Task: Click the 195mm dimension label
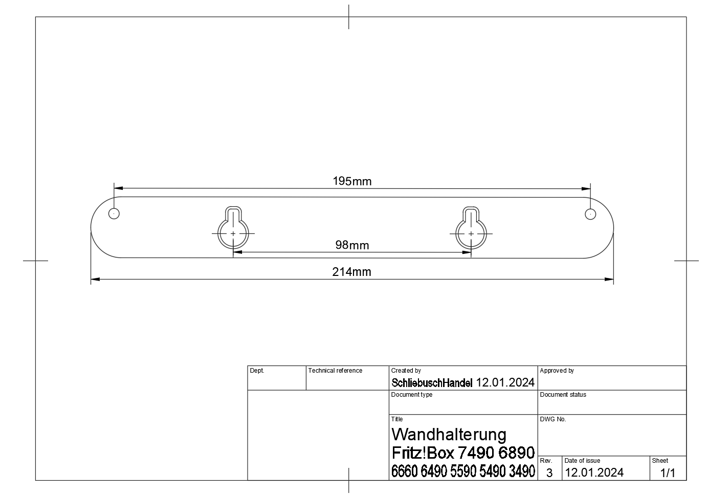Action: (352, 181)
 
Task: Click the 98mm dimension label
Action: (352, 245)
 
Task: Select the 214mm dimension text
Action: (352, 272)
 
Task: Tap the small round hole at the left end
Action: (114, 213)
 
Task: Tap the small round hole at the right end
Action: (590, 213)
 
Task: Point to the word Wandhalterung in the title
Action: (449, 435)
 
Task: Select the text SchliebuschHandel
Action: (432, 383)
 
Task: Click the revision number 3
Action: (549, 473)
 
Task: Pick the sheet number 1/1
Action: (668, 473)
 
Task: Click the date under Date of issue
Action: (594, 472)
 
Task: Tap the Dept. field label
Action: (257, 371)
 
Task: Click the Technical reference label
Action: (335, 371)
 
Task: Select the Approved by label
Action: (557, 371)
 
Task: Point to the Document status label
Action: (563, 395)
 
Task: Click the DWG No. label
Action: (553, 419)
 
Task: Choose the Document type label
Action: (412, 395)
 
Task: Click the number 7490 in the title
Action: (476, 453)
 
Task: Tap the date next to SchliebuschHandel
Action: (505, 382)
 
